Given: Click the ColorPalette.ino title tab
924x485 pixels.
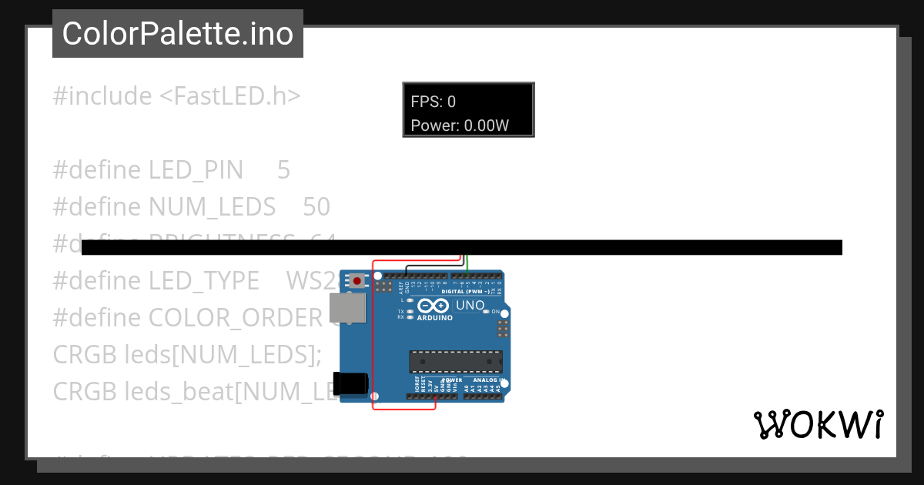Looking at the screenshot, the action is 178,34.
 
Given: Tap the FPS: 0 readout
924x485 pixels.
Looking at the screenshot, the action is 433,102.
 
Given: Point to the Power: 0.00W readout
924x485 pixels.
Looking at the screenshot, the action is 460,125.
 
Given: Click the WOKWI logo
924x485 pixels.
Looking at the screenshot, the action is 818,424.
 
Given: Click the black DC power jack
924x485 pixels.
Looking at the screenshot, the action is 350,383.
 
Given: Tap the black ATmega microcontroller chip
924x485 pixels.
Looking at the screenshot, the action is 455,362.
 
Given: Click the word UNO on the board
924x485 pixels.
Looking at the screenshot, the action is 470,305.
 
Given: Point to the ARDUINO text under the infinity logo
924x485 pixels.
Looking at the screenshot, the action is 434,316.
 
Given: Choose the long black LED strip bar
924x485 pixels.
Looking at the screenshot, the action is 462,247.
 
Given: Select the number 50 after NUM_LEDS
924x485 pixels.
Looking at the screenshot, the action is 316,207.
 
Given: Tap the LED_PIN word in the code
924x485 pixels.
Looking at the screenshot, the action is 196,170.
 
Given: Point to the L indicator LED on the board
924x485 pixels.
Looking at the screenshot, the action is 410,299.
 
